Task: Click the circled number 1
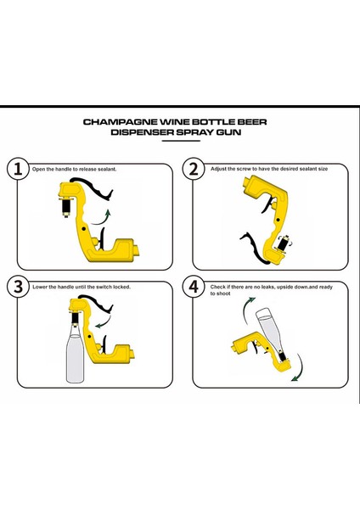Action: [x=18, y=169]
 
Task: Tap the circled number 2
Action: [x=194, y=169]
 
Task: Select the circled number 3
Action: [x=18, y=287]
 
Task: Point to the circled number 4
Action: [x=194, y=287]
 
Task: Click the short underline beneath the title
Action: [x=181, y=141]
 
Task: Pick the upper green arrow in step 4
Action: [x=247, y=309]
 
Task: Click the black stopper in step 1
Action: [x=66, y=206]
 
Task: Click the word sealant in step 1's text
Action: [x=107, y=169]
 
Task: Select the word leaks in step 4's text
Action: [x=268, y=287]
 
